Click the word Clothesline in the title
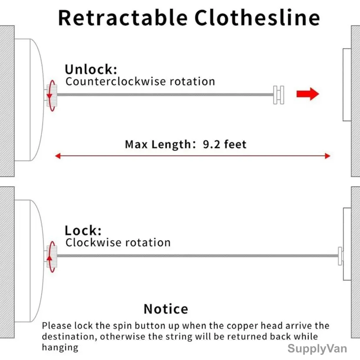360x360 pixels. coord(257,17)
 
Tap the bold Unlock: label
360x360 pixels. coord(91,69)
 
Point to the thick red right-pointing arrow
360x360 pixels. coord(308,94)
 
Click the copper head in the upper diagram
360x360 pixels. coord(279,95)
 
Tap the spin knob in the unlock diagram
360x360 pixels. coord(52,95)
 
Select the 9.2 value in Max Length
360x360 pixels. coord(211,144)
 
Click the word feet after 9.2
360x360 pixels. coord(235,144)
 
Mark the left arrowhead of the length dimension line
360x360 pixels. coord(58,156)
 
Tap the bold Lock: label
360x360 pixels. coord(83,230)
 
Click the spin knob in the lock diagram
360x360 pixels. coord(52,257)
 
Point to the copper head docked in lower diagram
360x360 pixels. coord(340,256)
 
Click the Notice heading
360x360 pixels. coord(166,309)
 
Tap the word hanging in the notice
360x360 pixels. coord(60,347)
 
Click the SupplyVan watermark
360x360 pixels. coord(317,349)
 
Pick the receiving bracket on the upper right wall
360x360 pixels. coord(347,85)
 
